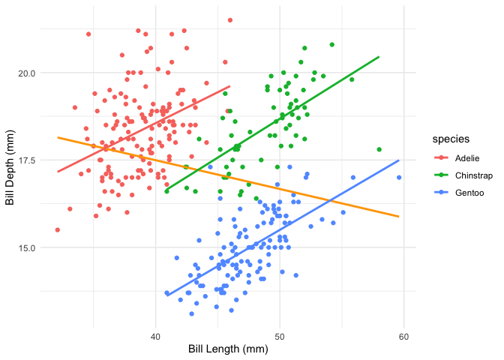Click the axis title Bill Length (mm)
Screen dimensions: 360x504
pos(228,349)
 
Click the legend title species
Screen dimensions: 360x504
pos(445,139)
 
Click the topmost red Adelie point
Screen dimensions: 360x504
pos(230,20)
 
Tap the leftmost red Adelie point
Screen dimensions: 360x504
pos(57,229)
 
